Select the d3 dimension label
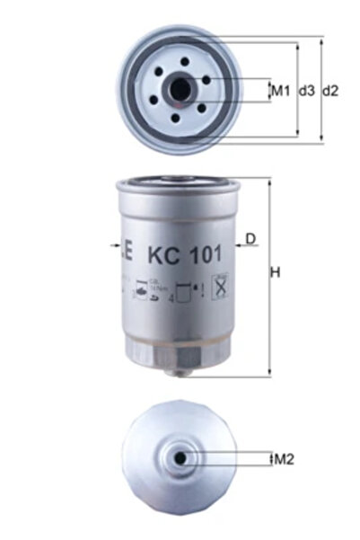(306, 91)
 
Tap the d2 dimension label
(330, 91)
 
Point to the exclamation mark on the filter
(206, 292)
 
